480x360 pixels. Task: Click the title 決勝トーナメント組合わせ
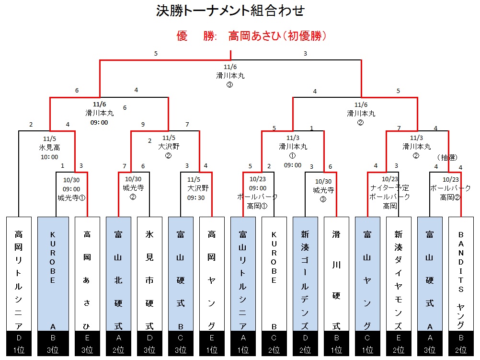pyautogui.click(x=230, y=11)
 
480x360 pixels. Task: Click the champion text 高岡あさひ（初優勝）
pyautogui.click(x=277, y=36)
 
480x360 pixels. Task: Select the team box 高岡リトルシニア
pyautogui.click(x=19, y=273)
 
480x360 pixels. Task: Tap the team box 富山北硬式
pyautogui.click(x=118, y=273)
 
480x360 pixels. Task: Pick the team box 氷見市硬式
pyautogui.click(x=149, y=273)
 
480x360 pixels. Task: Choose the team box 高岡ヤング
pyautogui.click(x=212, y=273)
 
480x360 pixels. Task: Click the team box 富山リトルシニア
pyautogui.click(x=243, y=273)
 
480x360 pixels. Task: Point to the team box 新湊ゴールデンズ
pyautogui.click(x=305, y=273)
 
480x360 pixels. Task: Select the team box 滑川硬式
pyautogui.click(x=336, y=273)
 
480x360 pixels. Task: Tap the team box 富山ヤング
pyautogui.click(x=367, y=273)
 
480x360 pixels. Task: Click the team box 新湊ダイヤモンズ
pyautogui.click(x=399, y=273)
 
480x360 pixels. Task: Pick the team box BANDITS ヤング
pyautogui.click(x=461, y=273)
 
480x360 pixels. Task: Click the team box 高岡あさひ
pyautogui.click(x=87, y=273)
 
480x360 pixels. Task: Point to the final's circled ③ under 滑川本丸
pyautogui.click(x=229, y=84)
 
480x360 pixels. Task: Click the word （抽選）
pyautogui.click(x=447, y=157)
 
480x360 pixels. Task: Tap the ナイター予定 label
pyautogui.click(x=390, y=188)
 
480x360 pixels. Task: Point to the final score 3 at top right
pyautogui.click(x=305, y=54)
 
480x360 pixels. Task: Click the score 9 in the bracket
pyautogui.click(x=143, y=125)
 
